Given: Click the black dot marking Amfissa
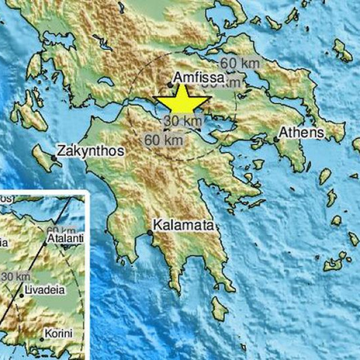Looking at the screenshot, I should pyautogui.click(x=170, y=85).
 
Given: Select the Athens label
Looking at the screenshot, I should pyautogui.click(x=301, y=133).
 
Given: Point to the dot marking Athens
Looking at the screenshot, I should pyautogui.click(x=276, y=139).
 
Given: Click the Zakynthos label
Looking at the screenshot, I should pyautogui.click(x=90, y=151).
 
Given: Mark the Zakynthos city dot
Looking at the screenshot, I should pyautogui.click(x=54, y=158).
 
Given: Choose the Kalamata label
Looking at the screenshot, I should pyautogui.click(x=186, y=226).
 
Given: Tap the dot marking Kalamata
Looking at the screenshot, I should pyautogui.click(x=150, y=232).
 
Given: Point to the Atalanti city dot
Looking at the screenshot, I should pyautogui.click(x=46, y=244).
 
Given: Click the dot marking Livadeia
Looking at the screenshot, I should pyautogui.click(x=21, y=295).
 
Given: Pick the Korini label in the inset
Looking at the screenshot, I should pyautogui.click(x=59, y=334).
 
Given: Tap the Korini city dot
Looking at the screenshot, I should pyautogui.click(x=41, y=339).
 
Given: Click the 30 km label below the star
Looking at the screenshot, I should pyautogui.click(x=183, y=120).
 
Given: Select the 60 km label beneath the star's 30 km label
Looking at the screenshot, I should pyautogui.click(x=164, y=139).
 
